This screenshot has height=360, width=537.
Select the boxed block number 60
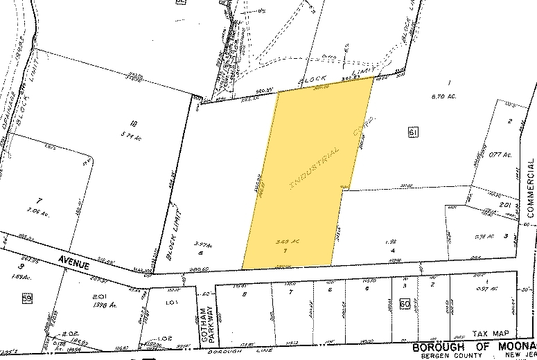click(404, 303)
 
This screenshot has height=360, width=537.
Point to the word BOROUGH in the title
click(437, 346)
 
